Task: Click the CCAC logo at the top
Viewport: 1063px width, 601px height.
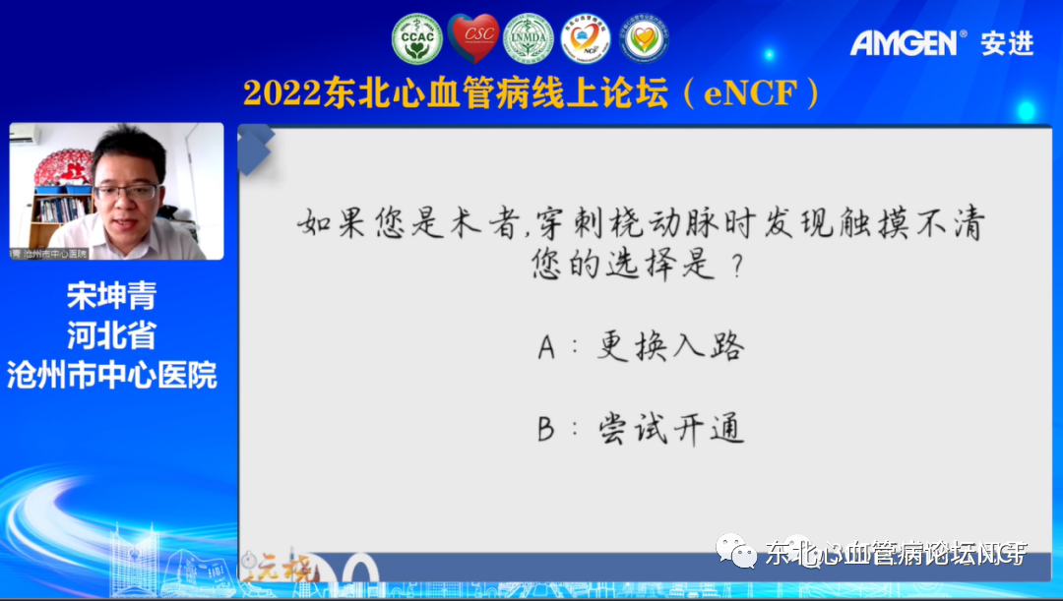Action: [x=416, y=39]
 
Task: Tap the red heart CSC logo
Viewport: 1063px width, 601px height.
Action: [x=473, y=38]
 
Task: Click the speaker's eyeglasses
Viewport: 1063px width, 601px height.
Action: [x=126, y=190]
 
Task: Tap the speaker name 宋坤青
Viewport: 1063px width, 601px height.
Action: [x=111, y=296]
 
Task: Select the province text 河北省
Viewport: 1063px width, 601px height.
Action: [x=111, y=335]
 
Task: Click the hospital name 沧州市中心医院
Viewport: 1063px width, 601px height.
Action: [x=111, y=375]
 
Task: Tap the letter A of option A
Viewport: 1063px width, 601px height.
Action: [x=547, y=347]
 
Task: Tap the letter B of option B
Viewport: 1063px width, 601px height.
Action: [x=547, y=430]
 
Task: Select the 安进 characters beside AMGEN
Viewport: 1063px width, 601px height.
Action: [x=1006, y=43]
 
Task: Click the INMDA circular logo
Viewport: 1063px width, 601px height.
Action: [x=529, y=39]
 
